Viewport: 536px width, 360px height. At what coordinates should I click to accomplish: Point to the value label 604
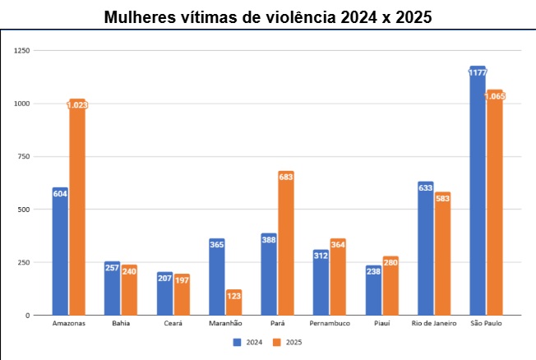tap(60, 193)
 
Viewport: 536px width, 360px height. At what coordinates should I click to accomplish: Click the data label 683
tap(286, 178)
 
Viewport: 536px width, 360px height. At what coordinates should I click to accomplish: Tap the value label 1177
tap(478, 72)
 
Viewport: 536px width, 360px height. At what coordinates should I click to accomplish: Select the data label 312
tap(321, 255)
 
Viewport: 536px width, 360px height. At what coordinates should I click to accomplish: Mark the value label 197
tap(182, 279)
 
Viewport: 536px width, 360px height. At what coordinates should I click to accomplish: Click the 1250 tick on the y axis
tap(21, 51)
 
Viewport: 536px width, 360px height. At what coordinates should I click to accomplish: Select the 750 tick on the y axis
tap(24, 157)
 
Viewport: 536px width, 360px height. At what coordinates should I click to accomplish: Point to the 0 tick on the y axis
tap(28, 316)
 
